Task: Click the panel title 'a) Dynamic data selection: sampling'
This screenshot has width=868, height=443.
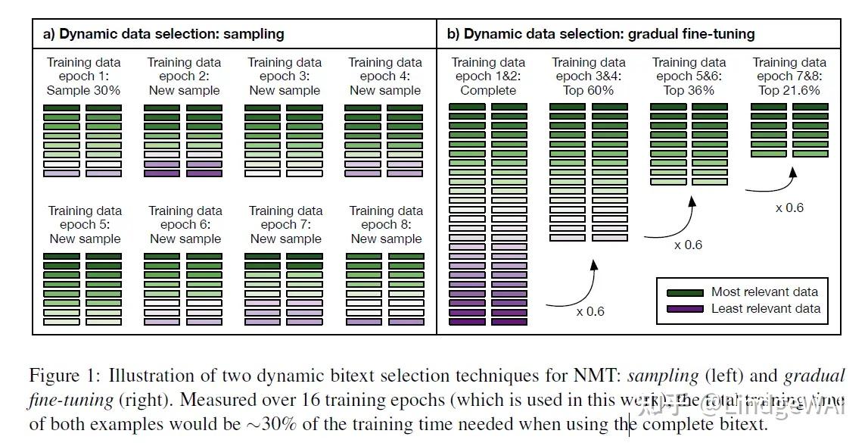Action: click(x=163, y=34)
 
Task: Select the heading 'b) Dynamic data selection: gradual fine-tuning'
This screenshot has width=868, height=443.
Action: click(x=601, y=34)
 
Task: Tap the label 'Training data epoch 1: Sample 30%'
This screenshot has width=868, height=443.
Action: click(x=83, y=76)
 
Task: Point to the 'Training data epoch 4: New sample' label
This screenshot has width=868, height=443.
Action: click(x=384, y=76)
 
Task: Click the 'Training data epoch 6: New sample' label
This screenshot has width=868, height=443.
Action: click(x=185, y=225)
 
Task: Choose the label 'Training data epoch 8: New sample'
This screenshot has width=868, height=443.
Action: click(x=385, y=225)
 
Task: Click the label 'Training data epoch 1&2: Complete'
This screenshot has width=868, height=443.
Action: click(x=488, y=76)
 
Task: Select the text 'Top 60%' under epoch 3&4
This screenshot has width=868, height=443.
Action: click(x=589, y=91)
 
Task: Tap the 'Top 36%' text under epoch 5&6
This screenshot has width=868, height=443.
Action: click(x=689, y=91)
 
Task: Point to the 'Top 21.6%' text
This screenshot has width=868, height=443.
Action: click(x=789, y=91)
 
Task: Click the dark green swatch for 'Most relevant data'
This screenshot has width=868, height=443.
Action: click(x=685, y=292)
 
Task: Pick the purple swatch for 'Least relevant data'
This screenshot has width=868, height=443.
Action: click(x=685, y=309)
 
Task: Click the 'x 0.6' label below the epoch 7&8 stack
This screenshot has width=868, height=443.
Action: click(x=789, y=207)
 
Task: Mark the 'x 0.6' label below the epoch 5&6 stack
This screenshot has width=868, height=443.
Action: click(x=688, y=245)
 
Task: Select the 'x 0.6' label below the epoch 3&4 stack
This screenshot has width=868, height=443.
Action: click(x=590, y=311)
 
